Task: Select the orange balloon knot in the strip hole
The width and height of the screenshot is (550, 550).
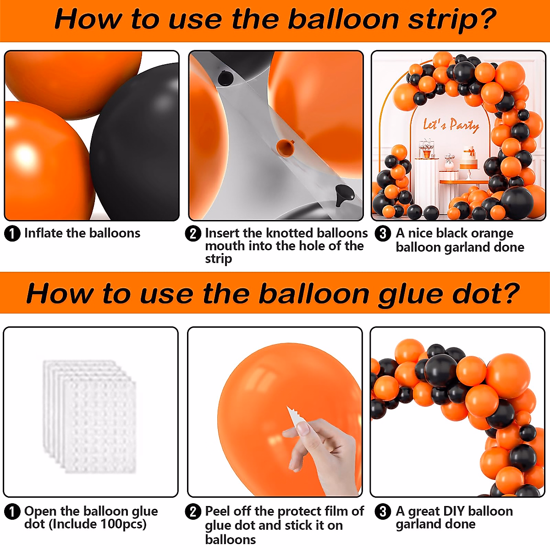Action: [x=285, y=148]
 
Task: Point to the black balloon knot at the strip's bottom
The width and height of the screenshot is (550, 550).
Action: [x=344, y=195]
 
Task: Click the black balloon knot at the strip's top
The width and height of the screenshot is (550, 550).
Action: [x=225, y=78]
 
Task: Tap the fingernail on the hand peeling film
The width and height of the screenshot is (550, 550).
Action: [x=303, y=429]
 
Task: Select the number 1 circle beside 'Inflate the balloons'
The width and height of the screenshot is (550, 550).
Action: [x=12, y=233]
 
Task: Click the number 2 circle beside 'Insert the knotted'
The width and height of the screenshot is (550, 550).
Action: [x=193, y=233]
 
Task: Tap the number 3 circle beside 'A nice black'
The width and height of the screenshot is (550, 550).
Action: [x=383, y=233]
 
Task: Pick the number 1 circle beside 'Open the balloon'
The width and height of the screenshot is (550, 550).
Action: [x=12, y=511]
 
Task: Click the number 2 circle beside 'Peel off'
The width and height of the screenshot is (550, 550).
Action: [x=193, y=511]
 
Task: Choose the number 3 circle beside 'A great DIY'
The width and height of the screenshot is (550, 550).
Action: [x=383, y=511]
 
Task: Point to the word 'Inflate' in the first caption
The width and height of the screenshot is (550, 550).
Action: [x=44, y=233]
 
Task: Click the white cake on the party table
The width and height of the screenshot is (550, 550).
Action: [x=469, y=160]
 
